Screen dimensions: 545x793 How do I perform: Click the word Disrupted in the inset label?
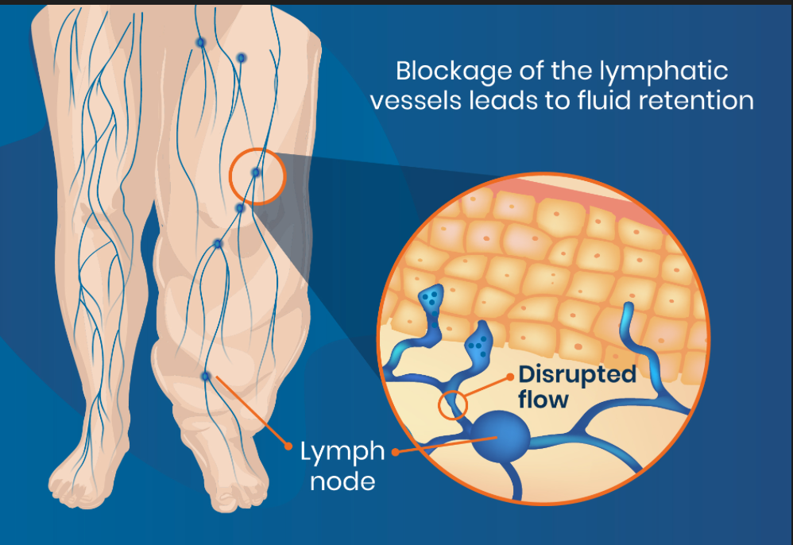pyautogui.click(x=577, y=374)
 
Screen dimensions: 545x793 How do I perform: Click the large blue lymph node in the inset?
pyautogui.click(x=497, y=439)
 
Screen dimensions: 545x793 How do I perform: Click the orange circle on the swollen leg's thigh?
pyautogui.click(x=257, y=176)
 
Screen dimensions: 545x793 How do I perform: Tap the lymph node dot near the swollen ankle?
pyautogui.click(x=206, y=376)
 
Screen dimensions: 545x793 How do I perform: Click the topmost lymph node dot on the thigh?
pyautogui.click(x=200, y=42)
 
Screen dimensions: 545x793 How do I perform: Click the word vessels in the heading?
pyautogui.click(x=446, y=102)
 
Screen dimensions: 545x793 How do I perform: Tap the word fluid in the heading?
pyautogui.click(x=611, y=102)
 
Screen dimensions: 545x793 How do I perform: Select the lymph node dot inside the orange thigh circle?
pyautogui.click(x=256, y=172)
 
